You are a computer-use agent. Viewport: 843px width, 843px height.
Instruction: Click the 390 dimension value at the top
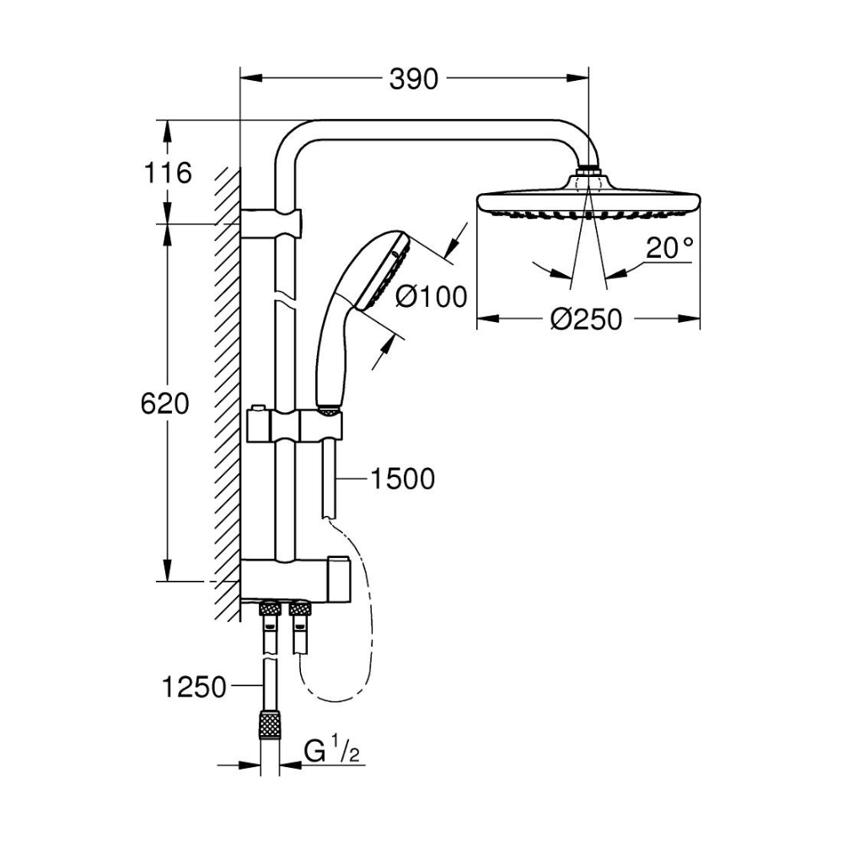tap(413, 79)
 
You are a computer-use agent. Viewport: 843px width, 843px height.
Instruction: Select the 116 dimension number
tap(167, 173)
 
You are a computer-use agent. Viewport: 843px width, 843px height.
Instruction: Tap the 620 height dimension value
tap(164, 404)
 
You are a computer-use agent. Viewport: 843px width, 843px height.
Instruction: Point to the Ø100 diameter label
tap(431, 297)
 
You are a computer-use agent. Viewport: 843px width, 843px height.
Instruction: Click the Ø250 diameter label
tap(586, 319)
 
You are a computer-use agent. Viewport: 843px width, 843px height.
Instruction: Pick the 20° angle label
tap(668, 248)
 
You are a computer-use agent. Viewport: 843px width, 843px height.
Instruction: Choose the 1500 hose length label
tap(403, 479)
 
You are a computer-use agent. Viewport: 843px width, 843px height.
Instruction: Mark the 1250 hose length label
tap(194, 687)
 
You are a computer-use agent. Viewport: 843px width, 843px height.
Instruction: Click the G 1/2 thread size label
tap(331, 750)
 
